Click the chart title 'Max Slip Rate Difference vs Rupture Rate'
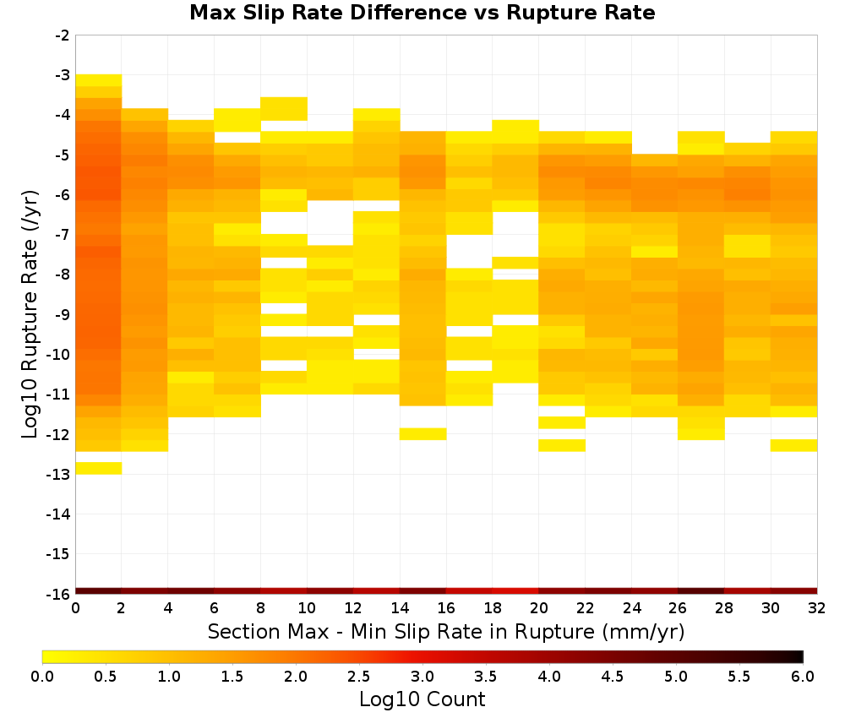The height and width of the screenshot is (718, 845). [422, 13]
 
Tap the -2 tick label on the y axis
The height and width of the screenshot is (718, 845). [62, 35]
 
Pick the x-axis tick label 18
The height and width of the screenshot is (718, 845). [493, 608]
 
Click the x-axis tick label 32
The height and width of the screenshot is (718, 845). [817, 608]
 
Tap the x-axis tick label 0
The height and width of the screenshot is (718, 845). [75, 608]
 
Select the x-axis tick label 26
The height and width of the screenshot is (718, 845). [678, 608]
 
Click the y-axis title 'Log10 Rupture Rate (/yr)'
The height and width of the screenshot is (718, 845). [30, 314]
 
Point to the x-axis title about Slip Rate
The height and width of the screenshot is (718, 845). [445, 632]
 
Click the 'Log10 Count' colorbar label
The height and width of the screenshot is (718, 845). [422, 699]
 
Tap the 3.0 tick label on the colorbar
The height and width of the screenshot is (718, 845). [422, 677]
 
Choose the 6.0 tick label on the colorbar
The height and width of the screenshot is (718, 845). [803, 677]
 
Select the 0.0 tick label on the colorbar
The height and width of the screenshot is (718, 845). [42, 677]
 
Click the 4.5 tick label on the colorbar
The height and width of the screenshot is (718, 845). [613, 677]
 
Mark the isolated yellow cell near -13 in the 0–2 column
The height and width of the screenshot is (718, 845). [99, 468]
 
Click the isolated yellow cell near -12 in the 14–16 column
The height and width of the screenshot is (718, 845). [423, 433]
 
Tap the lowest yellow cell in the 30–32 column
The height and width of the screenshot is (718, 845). [793, 445]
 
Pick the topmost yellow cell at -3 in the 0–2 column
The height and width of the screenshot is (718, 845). [99, 80]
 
